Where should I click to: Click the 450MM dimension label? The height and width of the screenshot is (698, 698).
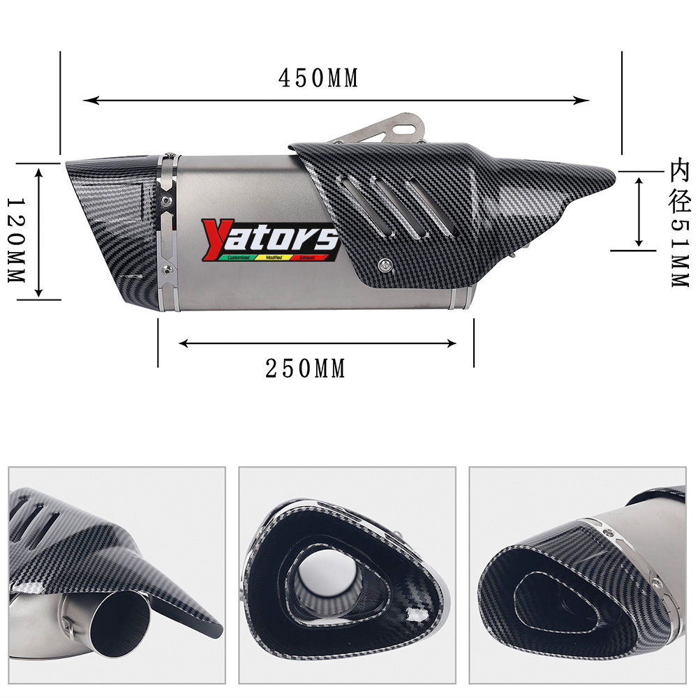[318, 78]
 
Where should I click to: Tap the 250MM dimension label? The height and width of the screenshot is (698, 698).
[306, 369]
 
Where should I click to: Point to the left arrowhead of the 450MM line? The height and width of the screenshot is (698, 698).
[87, 101]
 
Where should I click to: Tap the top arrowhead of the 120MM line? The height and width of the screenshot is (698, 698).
[39, 168]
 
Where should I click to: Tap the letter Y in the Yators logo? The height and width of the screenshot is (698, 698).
[214, 237]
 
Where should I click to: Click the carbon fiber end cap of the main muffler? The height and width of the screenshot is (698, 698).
[112, 223]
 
